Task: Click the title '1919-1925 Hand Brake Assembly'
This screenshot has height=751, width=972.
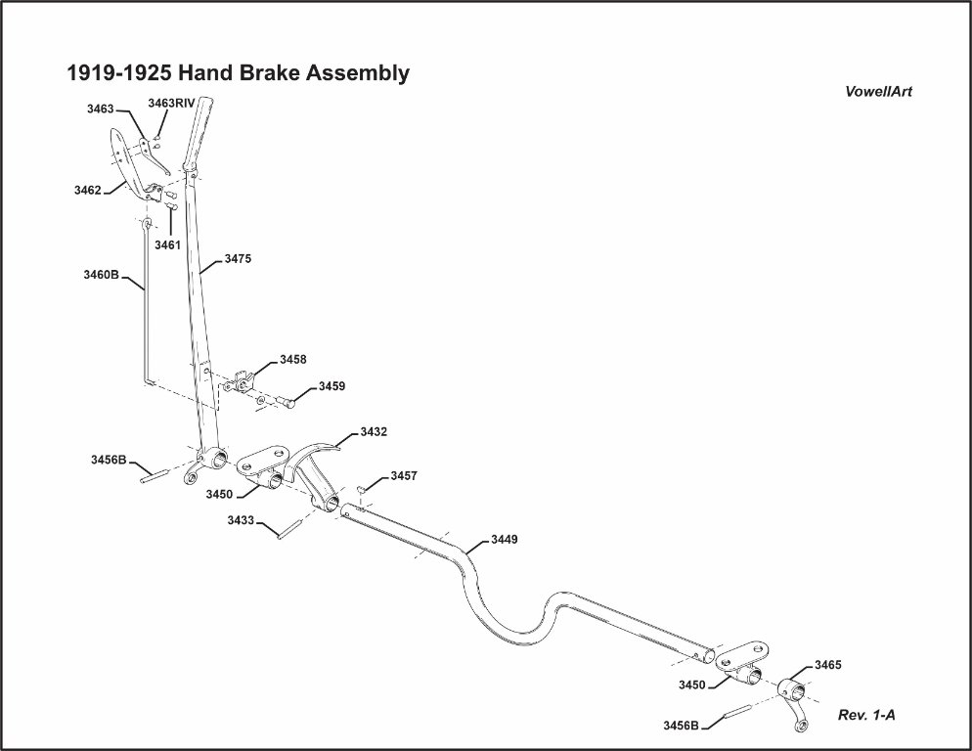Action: (238, 73)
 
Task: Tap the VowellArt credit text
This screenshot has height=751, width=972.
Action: (879, 92)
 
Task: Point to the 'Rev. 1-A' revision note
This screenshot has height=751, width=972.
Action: (866, 715)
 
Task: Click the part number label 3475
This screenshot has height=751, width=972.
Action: (239, 259)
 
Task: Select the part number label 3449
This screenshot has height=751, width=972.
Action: (504, 540)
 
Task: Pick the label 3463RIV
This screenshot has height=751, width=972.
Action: (171, 102)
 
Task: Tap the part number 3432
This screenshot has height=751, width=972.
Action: (374, 430)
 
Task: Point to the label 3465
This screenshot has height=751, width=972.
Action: (827, 665)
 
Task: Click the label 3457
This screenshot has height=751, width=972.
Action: (404, 476)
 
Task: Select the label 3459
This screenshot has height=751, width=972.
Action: (331, 386)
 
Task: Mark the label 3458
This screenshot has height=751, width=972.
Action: (293, 360)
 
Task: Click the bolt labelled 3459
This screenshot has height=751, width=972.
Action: (287, 401)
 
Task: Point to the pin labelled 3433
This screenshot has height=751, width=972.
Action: (288, 531)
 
